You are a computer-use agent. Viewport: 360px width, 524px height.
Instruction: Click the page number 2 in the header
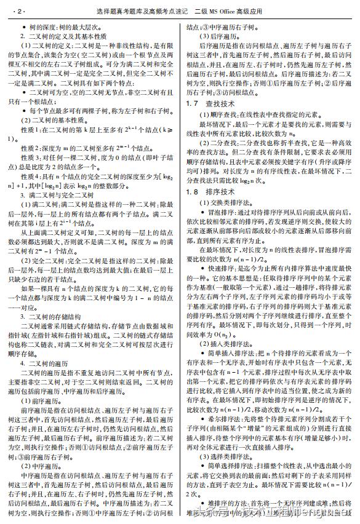[x=20, y=12]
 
